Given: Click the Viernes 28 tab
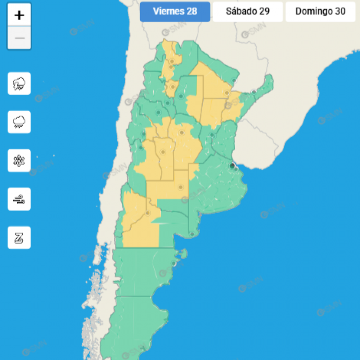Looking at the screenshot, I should coord(175,12).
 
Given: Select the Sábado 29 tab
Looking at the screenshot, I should coord(247,12).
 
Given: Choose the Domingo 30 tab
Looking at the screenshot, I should coord(320,12).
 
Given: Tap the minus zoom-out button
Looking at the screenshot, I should coord(19,38).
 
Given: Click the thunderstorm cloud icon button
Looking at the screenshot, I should coord(19,84).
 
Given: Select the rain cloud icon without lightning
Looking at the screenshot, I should coord(19,122).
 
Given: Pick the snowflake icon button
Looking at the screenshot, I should coord(19,161).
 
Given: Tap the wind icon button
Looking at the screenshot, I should coord(19,199).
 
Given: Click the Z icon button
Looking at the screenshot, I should coord(19,237).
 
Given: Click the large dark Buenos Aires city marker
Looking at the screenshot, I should coord(232,166).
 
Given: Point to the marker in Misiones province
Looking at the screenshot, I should coord(254,92).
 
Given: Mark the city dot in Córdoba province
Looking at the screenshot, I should coord(182,133).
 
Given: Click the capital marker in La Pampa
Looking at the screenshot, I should coord(181,187).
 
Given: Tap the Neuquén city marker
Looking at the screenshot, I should coord(147,213).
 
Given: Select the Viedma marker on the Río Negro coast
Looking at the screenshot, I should coord(192,234).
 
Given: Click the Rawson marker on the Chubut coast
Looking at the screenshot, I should coord(174,264).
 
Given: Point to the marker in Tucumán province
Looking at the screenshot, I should coord(172,87).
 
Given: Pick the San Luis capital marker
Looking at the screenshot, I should coord(162,152).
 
